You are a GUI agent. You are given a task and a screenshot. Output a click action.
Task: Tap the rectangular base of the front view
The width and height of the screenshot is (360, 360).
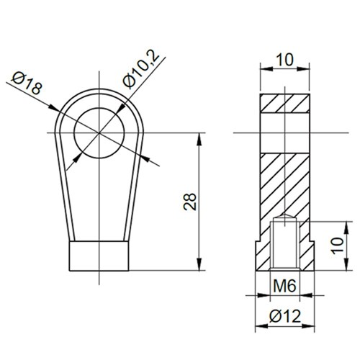point(101,256)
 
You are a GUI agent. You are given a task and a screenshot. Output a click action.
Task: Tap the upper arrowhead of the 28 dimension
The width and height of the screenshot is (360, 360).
point(198,137)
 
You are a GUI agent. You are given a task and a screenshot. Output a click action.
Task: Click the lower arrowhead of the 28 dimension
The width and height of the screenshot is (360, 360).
point(198,266)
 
